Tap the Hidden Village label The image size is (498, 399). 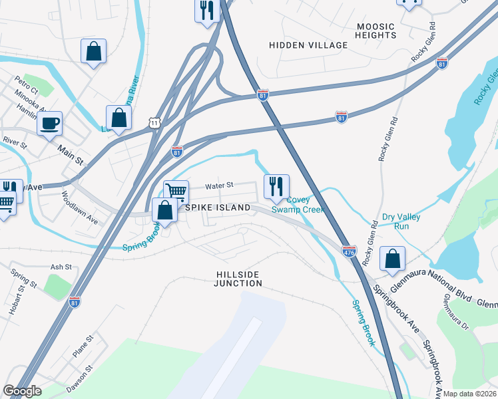[308, 45]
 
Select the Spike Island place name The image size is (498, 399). [218, 207]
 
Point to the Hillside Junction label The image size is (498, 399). [238, 279]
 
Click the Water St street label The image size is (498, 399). [220, 186]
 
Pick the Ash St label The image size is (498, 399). [61, 267]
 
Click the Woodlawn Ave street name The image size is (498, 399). [80, 208]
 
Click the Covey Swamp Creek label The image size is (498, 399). [298, 204]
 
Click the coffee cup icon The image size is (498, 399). [49, 124]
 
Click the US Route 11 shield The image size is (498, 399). [154, 123]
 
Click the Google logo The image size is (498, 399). [22, 391]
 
